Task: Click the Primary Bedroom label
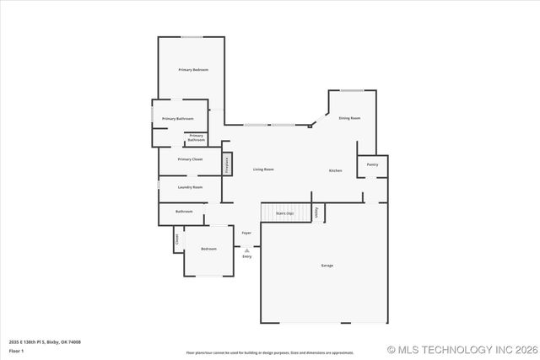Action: (193, 69)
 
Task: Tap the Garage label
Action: (327, 266)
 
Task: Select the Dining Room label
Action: (349, 118)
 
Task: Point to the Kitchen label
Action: (335, 171)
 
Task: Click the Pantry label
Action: (372, 164)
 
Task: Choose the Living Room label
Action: (263, 169)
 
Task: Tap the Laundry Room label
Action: (190, 187)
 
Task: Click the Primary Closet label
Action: (190, 159)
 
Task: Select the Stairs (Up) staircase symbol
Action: (283, 212)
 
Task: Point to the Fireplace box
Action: (227, 164)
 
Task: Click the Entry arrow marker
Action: (246, 250)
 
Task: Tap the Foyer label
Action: (246, 233)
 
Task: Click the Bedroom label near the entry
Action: (208, 249)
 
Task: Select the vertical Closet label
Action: (177, 239)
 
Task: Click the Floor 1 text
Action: (17, 350)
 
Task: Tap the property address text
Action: (45, 341)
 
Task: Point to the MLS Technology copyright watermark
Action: (462, 349)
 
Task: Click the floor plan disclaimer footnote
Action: (270, 352)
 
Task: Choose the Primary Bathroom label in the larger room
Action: (177, 119)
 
